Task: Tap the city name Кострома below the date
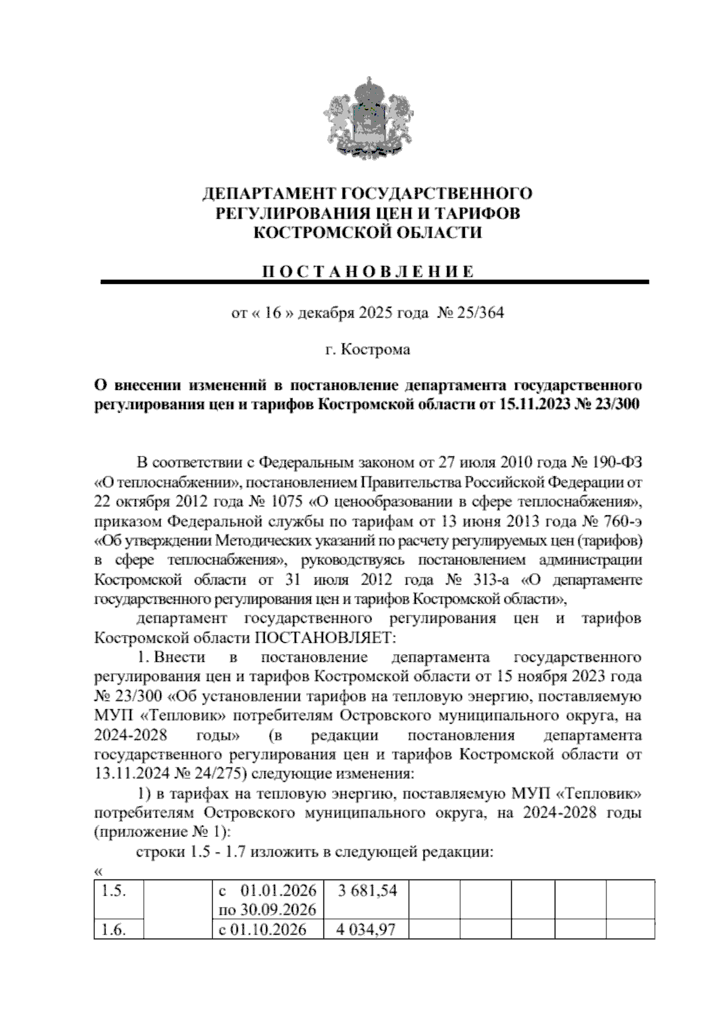tap(376, 349)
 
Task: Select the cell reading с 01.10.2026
tap(263, 929)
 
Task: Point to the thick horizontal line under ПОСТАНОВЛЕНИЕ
tap(374, 282)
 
